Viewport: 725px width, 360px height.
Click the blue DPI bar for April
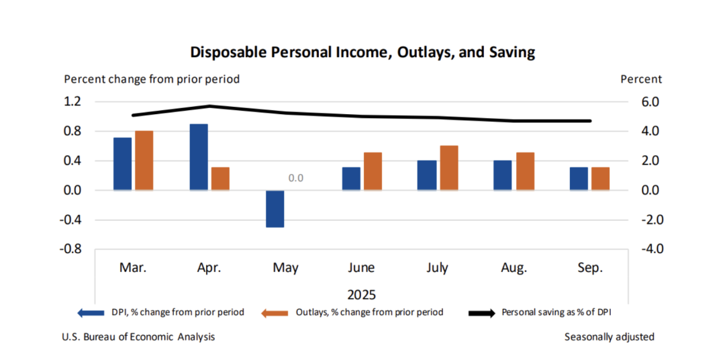click(199, 156)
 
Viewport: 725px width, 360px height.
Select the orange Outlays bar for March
click(144, 161)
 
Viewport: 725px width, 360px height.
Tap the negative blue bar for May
click(275, 209)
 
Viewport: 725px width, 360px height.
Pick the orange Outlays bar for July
click(449, 168)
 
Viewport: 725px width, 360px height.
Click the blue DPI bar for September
click(579, 179)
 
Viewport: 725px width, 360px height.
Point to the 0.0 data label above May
click(296, 179)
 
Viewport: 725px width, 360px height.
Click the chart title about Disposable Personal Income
click(362, 52)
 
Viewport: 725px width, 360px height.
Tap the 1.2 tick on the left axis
click(72, 102)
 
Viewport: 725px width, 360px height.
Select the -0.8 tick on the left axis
click(70, 249)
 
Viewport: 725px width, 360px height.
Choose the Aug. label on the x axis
click(514, 268)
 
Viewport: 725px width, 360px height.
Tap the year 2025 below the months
click(362, 295)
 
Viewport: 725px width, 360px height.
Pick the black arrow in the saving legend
click(481, 312)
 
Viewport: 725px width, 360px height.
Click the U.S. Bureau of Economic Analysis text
click(140, 336)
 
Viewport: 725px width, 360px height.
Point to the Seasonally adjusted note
click(609, 336)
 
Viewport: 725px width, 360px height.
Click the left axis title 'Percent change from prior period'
click(152, 79)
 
